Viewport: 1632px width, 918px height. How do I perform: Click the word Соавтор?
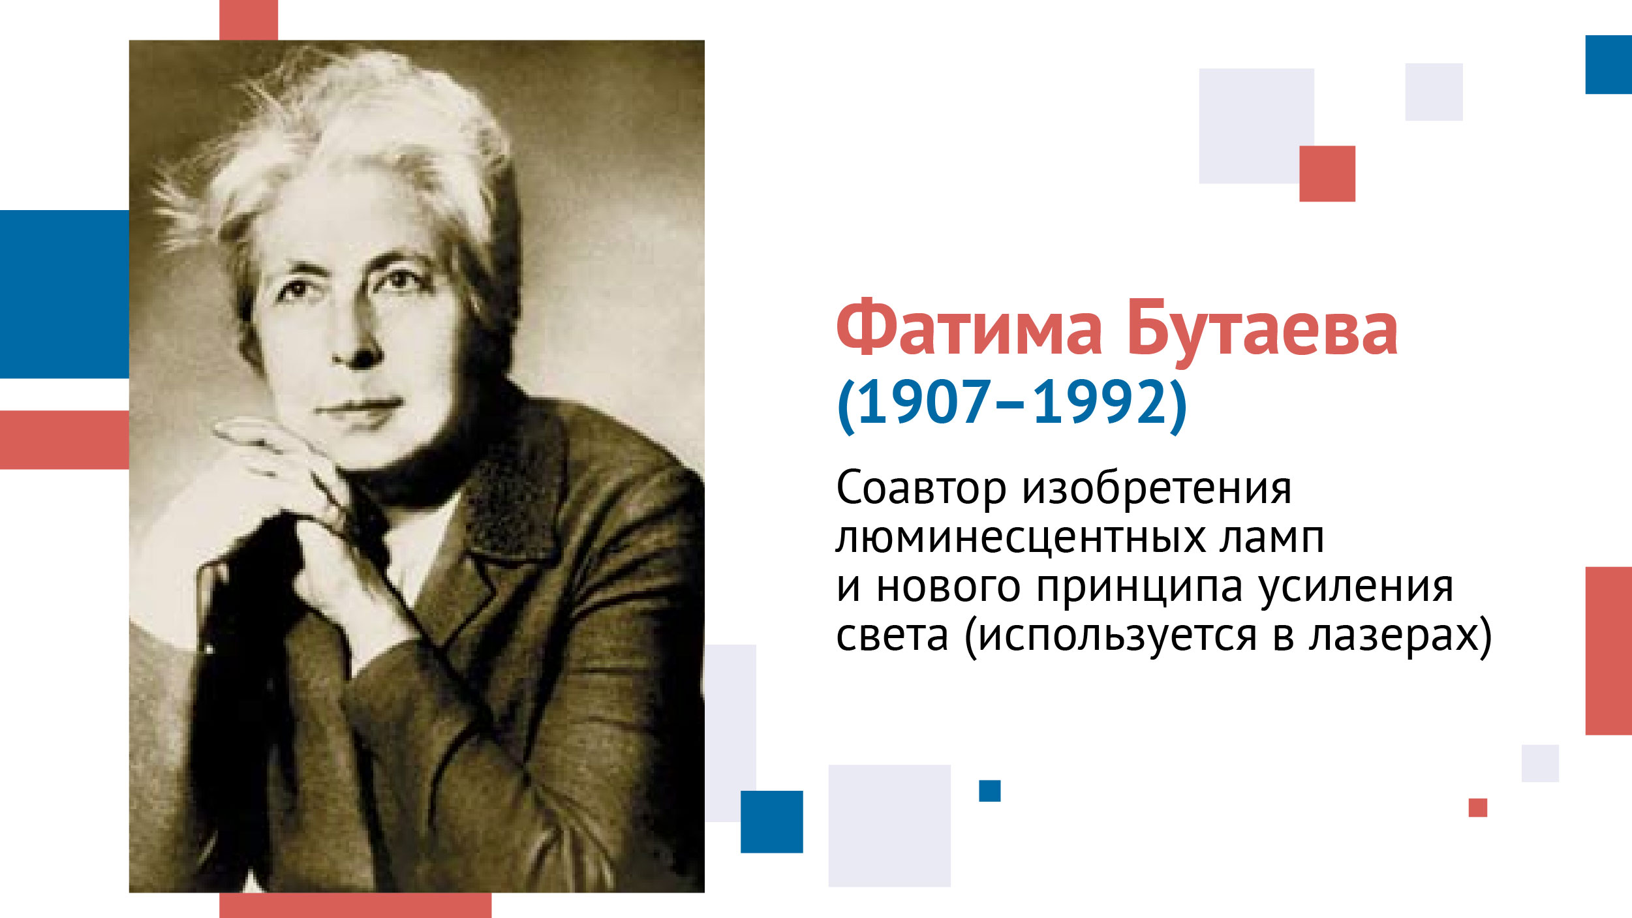[x=921, y=489]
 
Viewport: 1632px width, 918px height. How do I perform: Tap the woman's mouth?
[x=359, y=408]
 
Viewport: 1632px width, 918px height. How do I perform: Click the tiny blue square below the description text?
[x=989, y=791]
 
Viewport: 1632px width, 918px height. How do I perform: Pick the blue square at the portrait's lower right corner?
[x=771, y=821]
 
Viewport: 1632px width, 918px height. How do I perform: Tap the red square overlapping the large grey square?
[x=1327, y=174]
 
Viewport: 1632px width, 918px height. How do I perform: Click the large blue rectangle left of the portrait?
[x=65, y=294]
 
